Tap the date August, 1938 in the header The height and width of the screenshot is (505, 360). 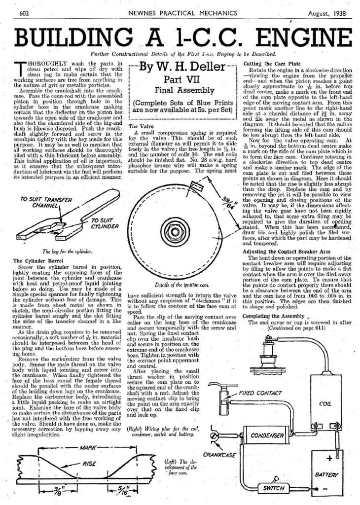(327, 13)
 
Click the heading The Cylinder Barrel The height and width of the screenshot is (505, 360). (36, 260)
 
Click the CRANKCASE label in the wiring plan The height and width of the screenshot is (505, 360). (218, 454)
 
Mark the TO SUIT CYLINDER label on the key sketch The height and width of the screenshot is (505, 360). (105, 223)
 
